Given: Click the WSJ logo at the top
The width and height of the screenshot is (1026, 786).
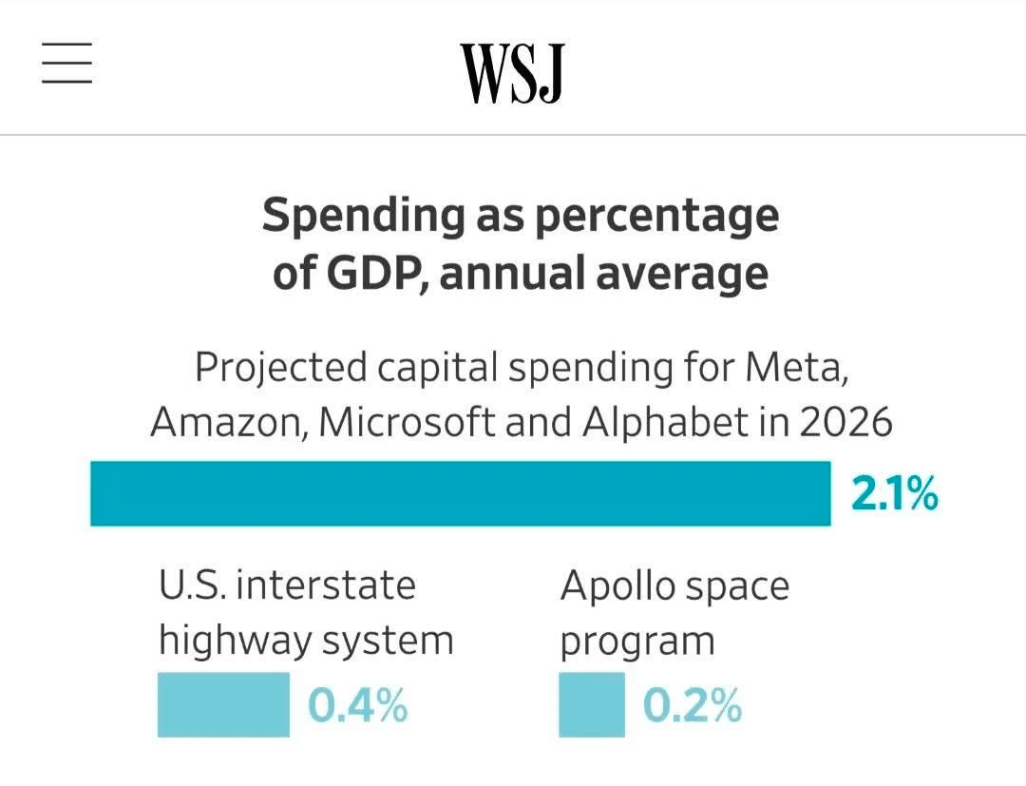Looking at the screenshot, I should (x=512, y=73).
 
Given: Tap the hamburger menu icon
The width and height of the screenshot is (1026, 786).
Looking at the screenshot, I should (x=66, y=64).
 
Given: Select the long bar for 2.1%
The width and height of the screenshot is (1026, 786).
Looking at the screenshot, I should (x=460, y=493).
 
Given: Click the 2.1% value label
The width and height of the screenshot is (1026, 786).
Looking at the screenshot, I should (x=894, y=494).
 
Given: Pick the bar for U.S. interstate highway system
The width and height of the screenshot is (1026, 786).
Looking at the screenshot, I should (x=223, y=704).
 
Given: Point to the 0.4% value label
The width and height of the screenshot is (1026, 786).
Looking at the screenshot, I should (x=357, y=706).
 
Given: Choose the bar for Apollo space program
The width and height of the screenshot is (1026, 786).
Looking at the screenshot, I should (x=591, y=704).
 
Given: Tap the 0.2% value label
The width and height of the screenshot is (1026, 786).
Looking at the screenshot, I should (x=692, y=706).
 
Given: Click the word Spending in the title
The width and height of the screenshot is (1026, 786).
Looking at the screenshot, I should (x=362, y=217).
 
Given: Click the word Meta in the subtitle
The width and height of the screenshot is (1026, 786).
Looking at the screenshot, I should (x=795, y=367).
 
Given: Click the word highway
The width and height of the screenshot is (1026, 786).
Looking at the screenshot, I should (x=233, y=642).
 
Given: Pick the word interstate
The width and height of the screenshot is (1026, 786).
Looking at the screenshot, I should (x=325, y=585).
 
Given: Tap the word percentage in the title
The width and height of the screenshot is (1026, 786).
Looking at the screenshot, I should (x=655, y=217).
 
